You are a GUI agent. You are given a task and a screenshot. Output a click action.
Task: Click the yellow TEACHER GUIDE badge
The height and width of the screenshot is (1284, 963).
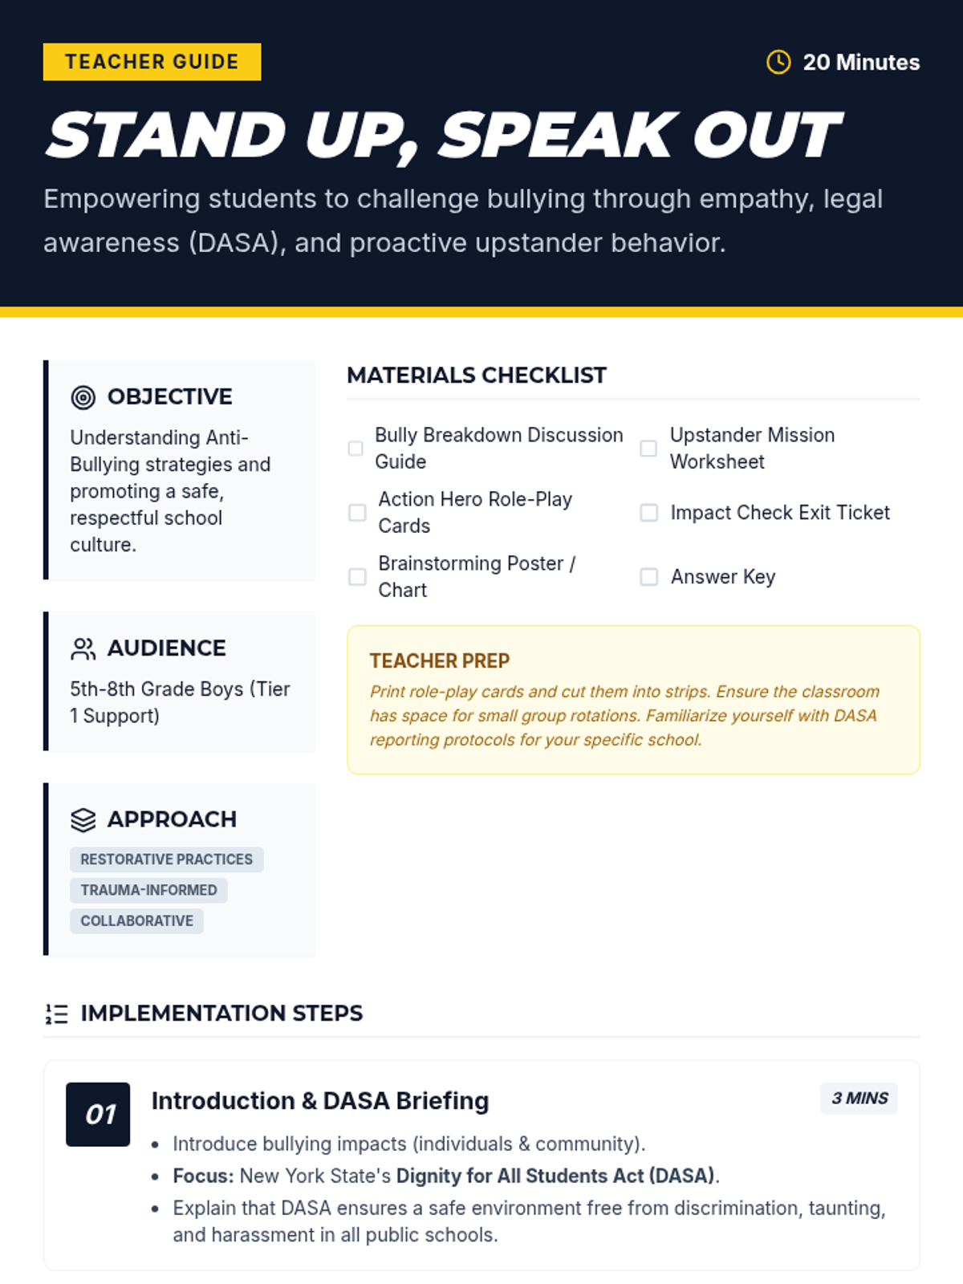(152, 62)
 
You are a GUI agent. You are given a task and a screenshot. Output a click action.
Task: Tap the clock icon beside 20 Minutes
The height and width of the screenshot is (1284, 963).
(778, 62)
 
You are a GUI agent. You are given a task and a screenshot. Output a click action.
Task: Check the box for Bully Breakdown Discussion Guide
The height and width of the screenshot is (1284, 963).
(356, 448)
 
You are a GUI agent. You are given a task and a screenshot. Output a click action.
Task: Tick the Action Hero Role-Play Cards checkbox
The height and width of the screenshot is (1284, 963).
(357, 512)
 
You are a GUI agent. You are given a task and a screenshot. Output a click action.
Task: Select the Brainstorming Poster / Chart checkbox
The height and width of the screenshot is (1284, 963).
(357, 576)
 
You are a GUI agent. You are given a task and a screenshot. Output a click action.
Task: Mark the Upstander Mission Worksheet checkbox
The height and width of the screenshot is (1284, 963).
(648, 448)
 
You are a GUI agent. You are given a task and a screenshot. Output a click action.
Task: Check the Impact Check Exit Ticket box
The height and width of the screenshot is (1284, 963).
(648, 512)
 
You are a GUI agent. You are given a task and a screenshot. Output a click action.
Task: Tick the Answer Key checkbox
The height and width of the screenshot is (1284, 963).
(648, 576)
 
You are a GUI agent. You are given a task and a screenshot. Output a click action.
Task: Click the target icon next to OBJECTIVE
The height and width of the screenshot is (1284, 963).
(83, 396)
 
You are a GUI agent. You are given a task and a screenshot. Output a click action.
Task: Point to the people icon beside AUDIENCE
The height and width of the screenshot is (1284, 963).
(83, 648)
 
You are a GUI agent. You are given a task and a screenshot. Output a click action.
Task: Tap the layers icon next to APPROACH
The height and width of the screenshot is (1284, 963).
(83, 819)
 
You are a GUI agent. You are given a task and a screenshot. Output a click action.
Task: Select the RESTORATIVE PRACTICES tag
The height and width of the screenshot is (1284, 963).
(166, 859)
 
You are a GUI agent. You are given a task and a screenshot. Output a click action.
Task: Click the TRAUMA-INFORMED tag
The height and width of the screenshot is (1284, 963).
(148, 890)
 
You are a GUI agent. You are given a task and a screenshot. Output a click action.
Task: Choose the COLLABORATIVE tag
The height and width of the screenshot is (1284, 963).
(136, 920)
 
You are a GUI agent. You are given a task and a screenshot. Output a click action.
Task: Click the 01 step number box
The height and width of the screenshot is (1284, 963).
(98, 1114)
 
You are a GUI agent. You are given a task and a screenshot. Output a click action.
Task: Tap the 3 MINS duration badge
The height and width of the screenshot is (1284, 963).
(859, 1098)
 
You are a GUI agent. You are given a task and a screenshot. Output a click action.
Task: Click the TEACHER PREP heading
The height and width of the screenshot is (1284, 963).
(440, 660)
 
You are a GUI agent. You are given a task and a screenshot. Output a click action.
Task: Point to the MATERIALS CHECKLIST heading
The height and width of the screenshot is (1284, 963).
(477, 375)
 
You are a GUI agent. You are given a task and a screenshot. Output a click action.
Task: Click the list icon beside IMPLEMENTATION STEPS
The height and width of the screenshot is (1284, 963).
(56, 1014)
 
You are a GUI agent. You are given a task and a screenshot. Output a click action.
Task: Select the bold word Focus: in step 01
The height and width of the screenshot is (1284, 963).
(203, 1176)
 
